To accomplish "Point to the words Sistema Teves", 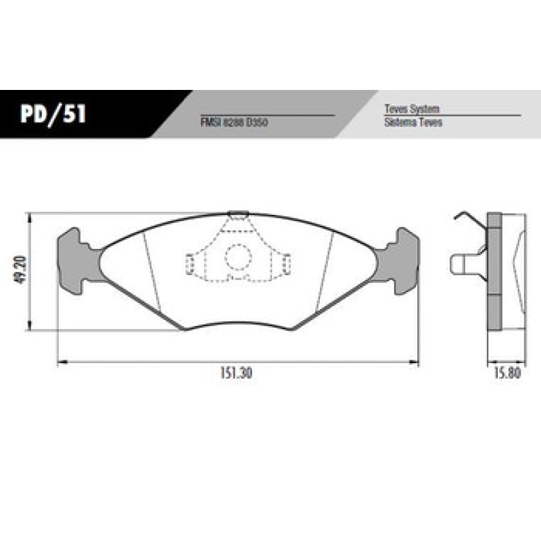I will [x=413, y=122].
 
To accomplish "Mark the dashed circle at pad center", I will [x=237, y=257].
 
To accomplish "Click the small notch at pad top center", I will [x=237, y=216].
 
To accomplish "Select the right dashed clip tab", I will [x=285, y=264].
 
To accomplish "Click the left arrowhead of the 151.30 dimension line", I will [x=61, y=364].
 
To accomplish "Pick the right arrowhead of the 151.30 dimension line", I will [x=415, y=364].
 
